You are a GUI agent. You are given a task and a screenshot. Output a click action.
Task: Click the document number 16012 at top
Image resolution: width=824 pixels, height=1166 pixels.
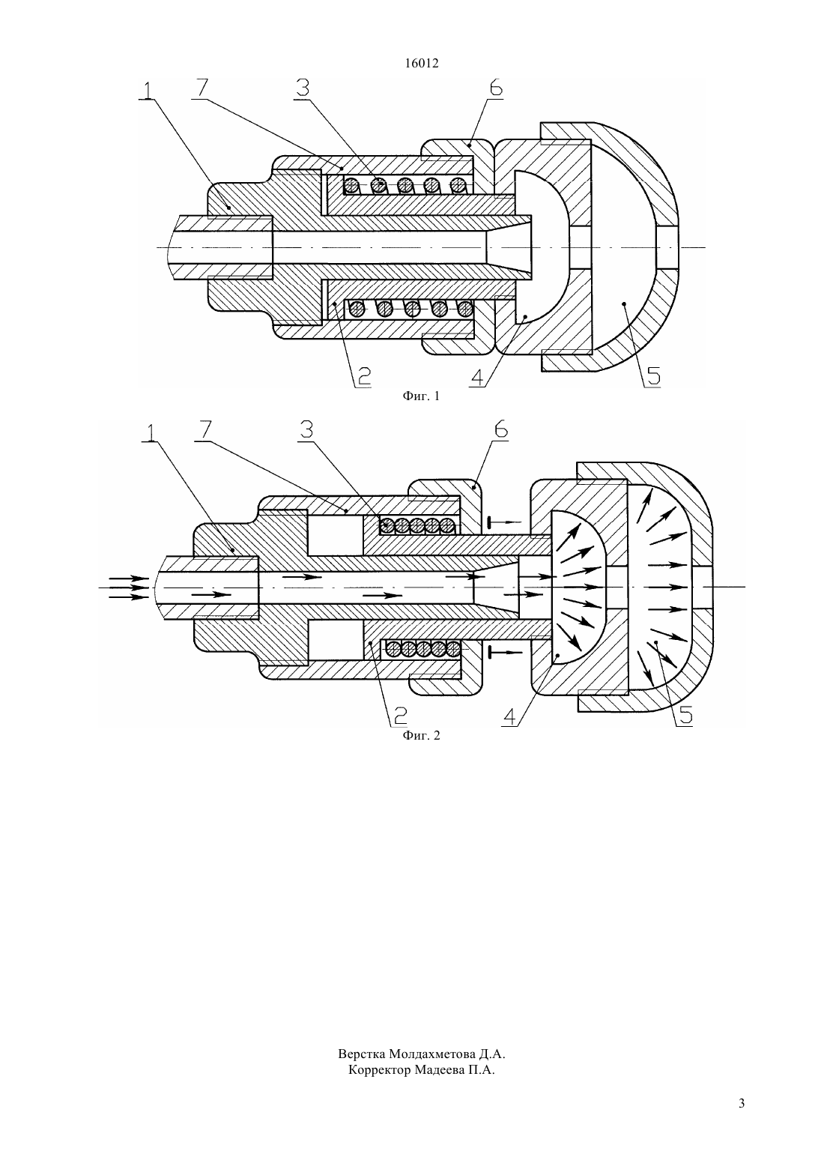(x=422, y=64)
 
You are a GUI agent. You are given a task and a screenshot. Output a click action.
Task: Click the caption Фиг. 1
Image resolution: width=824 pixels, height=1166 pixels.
(x=421, y=396)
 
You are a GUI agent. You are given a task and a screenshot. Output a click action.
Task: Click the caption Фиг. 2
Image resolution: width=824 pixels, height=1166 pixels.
(x=421, y=736)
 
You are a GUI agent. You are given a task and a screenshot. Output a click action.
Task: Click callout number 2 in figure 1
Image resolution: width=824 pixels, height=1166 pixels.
(x=363, y=376)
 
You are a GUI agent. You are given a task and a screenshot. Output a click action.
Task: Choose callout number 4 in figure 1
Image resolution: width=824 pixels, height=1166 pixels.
(x=478, y=376)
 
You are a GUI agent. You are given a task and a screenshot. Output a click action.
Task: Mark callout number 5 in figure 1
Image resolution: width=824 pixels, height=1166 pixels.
(x=652, y=376)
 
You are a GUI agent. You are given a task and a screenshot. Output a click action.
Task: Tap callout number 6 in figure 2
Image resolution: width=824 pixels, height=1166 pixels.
(x=500, y=429)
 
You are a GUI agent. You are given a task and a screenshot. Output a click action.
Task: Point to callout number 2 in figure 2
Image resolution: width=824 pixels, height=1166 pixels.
(x=399, y=716)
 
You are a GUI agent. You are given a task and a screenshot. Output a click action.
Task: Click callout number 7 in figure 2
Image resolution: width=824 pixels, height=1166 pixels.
(x=205, y=429)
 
